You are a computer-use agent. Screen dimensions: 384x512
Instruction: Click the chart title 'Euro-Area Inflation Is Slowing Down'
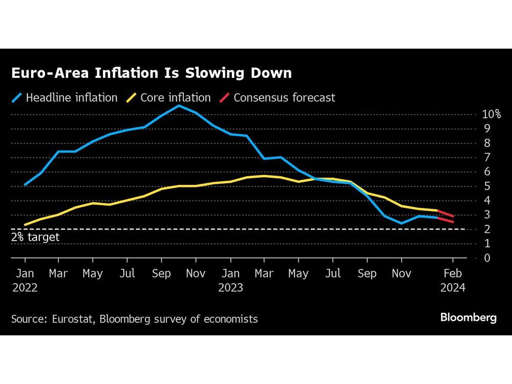coord(151,73)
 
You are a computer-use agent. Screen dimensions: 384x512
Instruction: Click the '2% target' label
coord(35,237)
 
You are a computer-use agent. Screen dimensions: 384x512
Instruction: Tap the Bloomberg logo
coord(468,318)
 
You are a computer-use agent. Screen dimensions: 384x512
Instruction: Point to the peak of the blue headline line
coord(178,105)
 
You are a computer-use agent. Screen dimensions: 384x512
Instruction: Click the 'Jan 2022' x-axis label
coord(25,281)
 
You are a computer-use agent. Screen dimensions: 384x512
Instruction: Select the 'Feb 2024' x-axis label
coord(452,281)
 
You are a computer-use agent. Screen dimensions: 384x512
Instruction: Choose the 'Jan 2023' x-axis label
coord(230,281)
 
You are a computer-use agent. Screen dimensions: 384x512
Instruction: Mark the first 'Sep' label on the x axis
coord(161,274)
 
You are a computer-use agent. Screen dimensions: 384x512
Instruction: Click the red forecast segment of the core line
coord(445,213)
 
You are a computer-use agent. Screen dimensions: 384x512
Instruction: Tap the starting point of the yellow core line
coord(25,225)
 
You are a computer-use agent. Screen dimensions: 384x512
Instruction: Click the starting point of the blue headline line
coord(25,184)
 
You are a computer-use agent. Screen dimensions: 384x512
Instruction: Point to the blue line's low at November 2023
coord(401,223)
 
